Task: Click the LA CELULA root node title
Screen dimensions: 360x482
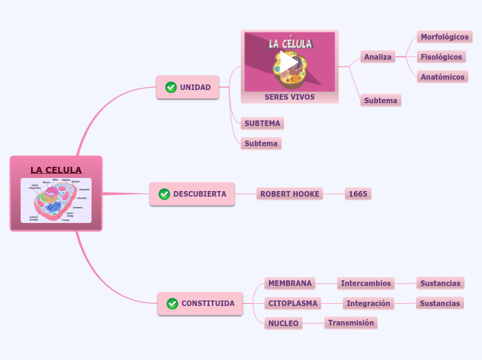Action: [x=56, y=170]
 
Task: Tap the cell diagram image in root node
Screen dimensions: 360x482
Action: [x=56, y=200]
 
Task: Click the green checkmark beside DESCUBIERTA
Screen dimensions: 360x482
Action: [x=164, y=194]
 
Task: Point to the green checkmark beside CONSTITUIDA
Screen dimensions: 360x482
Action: [x=172, y=303]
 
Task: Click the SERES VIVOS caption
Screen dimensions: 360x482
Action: [x=289, y=97]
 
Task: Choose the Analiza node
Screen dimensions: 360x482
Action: [x=378, y=57]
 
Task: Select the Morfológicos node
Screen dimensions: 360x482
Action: [x=445, y=37]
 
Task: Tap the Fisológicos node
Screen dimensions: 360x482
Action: [x=441, y=57]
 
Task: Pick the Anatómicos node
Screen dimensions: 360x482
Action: [x=443, y=77]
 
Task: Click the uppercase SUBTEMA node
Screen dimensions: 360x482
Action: [x=262, y=123]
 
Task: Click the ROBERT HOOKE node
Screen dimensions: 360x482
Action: [x=290, y=194]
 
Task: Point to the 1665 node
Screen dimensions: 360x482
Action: [x=358, y=194]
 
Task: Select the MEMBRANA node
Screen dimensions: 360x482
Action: [x=290, y=283]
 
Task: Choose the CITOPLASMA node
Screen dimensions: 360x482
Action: [x=293, y=303]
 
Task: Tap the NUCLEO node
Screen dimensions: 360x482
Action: [x=283, y=323]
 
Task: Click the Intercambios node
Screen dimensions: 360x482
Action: [x=366, y=283]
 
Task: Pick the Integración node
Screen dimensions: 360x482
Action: [x=368, y=303]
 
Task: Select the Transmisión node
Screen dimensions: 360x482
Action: [x=350, y=323]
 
